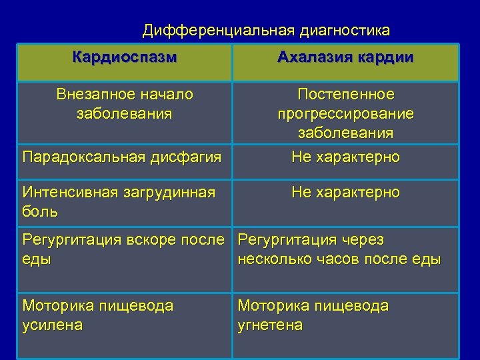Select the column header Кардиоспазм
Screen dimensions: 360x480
tap(125, 57)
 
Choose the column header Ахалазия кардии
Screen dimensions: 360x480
tap(345, 57)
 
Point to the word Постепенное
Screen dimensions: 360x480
tap(345, 94)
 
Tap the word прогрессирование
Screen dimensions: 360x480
tap(345, 113)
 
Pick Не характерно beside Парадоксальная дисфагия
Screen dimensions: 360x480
tap(345, 157)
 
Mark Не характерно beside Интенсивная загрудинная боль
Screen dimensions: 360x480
tap(345, 193)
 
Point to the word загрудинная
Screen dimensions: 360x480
tap(173, 193)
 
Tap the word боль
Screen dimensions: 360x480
tap(40, 212)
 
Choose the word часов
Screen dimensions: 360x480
tap(349, 259)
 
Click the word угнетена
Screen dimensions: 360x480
tap(270, 325)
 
